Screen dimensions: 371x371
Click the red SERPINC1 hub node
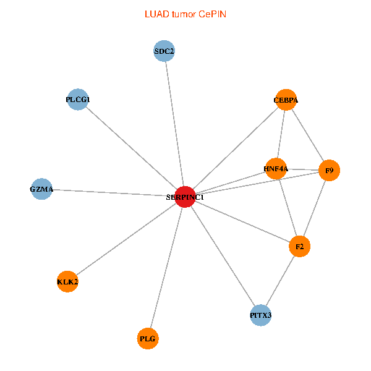(x=185, y=197)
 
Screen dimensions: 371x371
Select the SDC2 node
(x=164, y=51)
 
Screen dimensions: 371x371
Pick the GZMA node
(x=41, y=189)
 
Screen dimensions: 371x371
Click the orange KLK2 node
(x=67, y=281)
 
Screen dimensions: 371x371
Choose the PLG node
(x=148, y=338)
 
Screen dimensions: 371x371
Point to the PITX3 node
(x=261, y=315)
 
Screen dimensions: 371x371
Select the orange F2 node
(x=300, y=247)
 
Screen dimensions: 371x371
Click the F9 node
(x=330, y=170)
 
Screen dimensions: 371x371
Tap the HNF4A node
(x=276, y=168)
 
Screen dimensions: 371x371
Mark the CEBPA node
(x=286, y=100)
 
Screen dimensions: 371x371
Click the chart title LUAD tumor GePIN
(x=185, y=14)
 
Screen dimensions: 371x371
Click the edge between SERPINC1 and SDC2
(x=175, y=124)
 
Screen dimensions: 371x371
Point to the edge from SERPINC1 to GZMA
(x=113, y=193)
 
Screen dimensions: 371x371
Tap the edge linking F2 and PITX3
(x=281, y=281)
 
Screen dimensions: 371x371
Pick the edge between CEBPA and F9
(x=307, y=135)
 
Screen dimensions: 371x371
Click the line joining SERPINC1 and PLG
(x=167, y=267)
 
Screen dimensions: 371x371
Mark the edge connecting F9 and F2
(x=315, y=208)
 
